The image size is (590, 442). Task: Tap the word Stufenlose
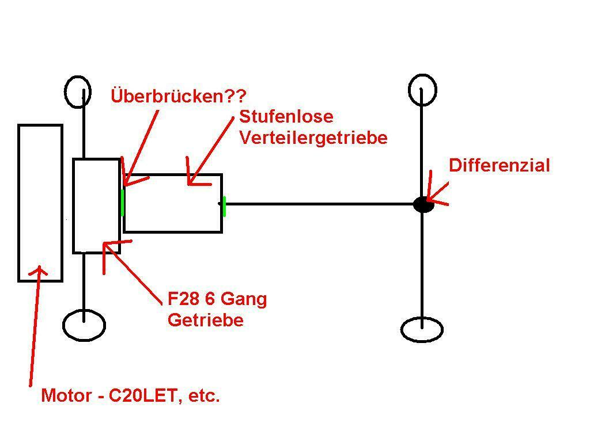pos(286,116)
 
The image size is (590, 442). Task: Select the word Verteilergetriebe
pos(313,138)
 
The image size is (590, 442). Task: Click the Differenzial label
pos(499,166)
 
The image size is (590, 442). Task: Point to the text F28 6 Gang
pos(217,299)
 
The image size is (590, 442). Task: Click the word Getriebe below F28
pos(205,320)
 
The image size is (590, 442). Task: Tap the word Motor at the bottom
pos(67,396)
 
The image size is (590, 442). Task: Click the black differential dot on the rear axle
pos(423,204)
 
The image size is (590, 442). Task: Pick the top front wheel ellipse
pos(77,92)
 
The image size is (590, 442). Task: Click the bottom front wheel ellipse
pos(84,325)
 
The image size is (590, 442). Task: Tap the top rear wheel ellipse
pos(422,90)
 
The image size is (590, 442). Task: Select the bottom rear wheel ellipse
pos(422,330)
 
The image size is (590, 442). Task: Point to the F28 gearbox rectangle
pos(96,205)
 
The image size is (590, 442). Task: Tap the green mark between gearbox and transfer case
pos(123,203)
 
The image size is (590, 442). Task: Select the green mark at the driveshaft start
pos(224,206)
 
